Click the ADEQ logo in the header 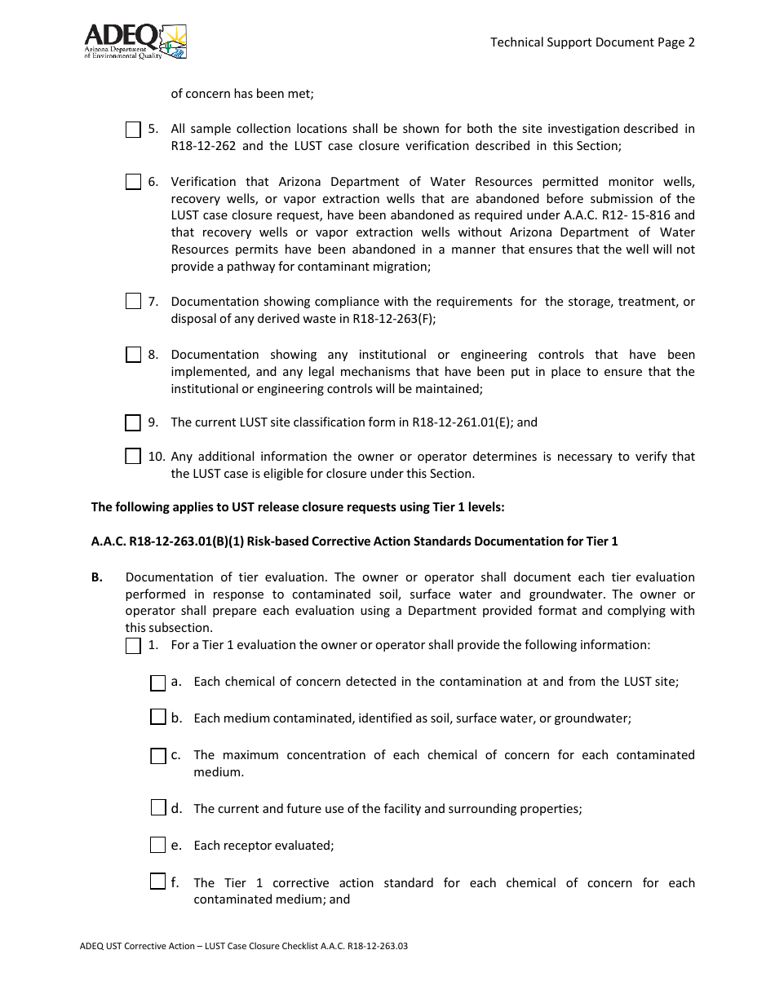pos(135,41)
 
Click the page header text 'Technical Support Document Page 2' pos(592,42)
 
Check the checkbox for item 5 pos(134,130)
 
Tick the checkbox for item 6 pos(134,183)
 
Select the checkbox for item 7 pos(134,303)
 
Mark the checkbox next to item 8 pos(134,356)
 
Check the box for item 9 pos(134,423)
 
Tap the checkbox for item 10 pos(134,457)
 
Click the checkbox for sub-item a pos(158,683)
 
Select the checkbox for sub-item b pos(158,718)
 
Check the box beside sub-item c pos(158,756)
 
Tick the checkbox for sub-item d pos(158,809)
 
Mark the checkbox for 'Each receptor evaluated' pos(158,846)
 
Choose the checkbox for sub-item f pos(158,882)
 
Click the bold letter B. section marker pos(97,577)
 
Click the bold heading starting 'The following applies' pos(298,507)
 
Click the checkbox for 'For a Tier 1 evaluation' pos(134,647)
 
